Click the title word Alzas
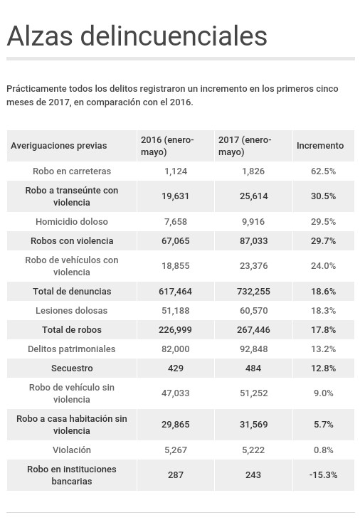tap(39, 36)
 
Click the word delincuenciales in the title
tap(174, 36)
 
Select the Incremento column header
tap(320, 146)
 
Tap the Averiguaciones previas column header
tap(59, 146)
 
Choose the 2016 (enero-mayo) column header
tap(167, 146)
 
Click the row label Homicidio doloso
tap(72, 221)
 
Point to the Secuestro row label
tap(72, 368)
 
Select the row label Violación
tap(72, 450)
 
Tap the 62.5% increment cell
tap(324, 171)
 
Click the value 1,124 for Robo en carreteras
tap(176, 171)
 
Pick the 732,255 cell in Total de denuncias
tap(253, 291)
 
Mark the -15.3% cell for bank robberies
tap(324, 475)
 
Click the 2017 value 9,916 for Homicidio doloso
tap(253, 221)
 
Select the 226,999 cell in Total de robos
tap(175, 329)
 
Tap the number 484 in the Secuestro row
tap(253, 368)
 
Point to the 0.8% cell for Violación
tap(324, 450)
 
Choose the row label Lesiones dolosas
tap(72, 310)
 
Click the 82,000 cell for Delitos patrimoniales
tap(176, 349)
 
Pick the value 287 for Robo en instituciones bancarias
tap(176, 475)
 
